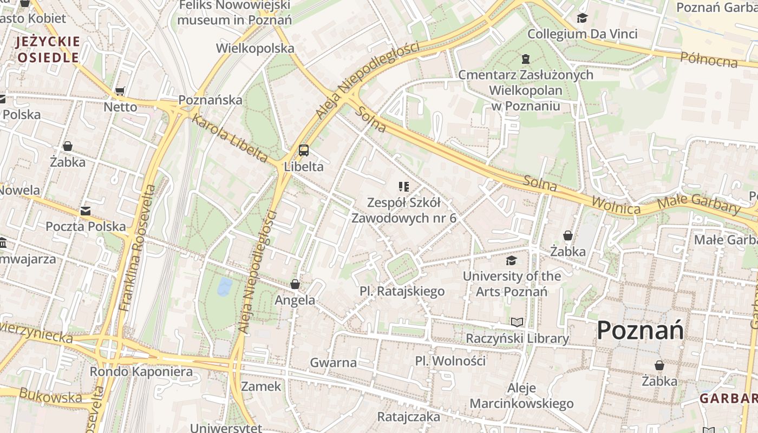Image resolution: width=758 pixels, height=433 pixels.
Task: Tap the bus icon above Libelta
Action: point(304,150)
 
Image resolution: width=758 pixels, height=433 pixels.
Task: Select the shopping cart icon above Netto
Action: point(120,91)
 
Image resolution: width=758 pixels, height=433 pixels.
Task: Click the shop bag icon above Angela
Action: point(295,284)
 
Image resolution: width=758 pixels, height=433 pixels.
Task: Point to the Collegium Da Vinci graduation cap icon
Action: point(583,18)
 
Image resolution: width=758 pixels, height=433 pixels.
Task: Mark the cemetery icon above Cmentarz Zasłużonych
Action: point(525,59)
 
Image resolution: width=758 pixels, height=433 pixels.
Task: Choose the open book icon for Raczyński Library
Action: point(518,323)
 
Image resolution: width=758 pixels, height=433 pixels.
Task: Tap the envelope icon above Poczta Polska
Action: point(85,211)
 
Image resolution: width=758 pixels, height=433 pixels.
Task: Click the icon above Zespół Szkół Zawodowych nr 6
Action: point(404,187)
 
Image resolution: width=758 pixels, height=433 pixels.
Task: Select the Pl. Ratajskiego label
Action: point(402,291)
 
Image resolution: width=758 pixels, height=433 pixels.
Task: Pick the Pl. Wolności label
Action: point(450,360)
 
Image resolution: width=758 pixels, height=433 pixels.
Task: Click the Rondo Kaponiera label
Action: point(141,372)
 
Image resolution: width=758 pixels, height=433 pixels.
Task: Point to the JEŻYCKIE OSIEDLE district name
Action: point(48,49)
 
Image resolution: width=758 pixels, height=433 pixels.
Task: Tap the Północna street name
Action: point(709,59)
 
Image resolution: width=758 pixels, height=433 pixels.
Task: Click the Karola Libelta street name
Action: point(230,139)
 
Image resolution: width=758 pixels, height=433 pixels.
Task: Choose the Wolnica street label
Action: point(616,205)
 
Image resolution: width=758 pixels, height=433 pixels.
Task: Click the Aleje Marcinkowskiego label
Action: point(521,396)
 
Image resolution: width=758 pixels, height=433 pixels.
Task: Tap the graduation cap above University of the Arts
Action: point(511,261)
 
